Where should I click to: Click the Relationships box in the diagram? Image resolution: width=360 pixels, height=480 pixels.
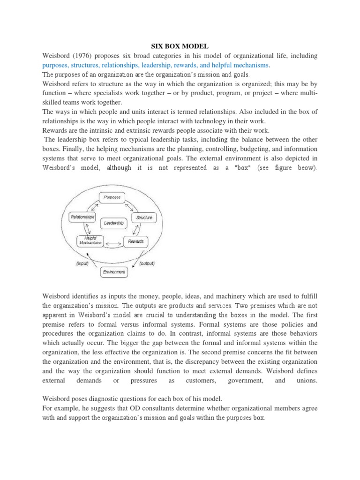[82, 217]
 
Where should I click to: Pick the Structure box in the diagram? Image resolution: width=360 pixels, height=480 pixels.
[144, 217]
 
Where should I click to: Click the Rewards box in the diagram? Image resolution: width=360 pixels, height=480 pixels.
[135, 241]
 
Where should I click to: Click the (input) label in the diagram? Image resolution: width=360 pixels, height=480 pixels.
[82, 263]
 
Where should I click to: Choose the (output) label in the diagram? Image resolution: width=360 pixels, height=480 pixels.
[147, 263]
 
